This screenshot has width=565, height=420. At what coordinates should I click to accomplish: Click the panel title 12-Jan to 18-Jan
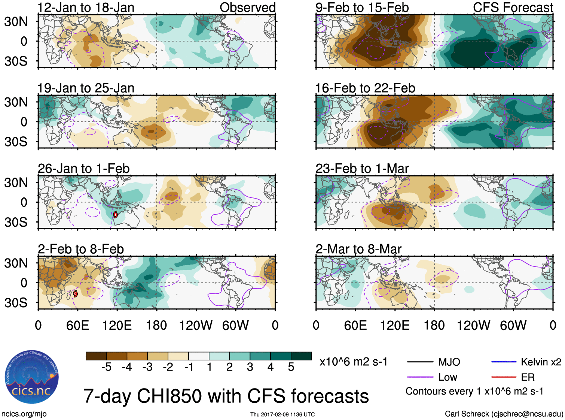tap(86, 7)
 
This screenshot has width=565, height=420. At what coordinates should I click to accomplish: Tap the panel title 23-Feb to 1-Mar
tap(362, 169)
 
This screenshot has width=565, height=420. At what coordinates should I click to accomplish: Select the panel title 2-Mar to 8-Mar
tap(358, 249)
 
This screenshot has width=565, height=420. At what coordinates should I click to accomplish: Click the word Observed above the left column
tap(247, 7)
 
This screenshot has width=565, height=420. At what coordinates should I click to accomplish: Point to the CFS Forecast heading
tap(513, 7)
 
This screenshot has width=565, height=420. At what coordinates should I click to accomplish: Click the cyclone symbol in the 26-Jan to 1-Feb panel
tap(115, 214)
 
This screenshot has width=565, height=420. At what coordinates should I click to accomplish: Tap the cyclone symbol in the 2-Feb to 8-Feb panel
tap(75, 293)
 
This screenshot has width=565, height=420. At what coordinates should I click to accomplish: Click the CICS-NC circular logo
tap(32, 377)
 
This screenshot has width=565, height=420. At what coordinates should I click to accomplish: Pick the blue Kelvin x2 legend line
tap(504, 362)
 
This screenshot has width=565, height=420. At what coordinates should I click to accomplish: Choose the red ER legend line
tap(504, 377)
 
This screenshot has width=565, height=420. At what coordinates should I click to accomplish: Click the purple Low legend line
tap(420, 377)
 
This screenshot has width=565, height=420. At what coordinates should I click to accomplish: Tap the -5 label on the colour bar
tap(106, 367)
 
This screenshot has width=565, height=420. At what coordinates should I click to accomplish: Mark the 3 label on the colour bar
tap(250, 367)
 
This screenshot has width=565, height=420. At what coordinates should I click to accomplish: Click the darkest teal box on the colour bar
tap(301, 356)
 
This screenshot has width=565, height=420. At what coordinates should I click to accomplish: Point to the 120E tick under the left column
tap(117, 325)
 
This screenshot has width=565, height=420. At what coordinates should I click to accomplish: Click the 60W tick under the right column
tap(513, 325)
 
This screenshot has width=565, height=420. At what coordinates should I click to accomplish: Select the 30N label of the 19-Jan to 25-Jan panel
tap(16, 102)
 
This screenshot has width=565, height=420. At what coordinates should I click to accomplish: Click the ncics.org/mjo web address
tap(24, 414)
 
